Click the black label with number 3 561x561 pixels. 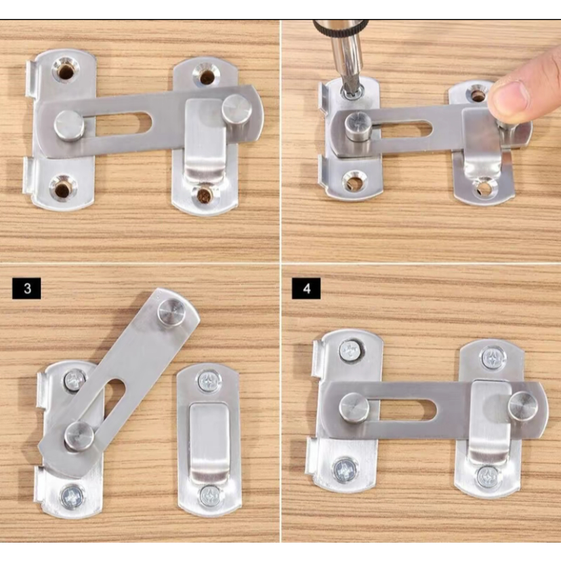click(27, 289)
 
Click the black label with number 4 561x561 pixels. click(306, 289)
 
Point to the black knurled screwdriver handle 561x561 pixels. click(341, 27)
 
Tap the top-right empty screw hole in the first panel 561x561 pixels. click(206, 76)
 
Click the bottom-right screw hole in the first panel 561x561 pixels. click(205, 194)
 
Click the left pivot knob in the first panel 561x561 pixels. click(69, 125)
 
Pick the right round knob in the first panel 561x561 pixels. click(236, 110)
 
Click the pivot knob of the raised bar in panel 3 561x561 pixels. click(79, 436)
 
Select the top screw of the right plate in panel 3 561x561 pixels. click(209, 381)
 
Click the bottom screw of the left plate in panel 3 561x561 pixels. click(72, 496)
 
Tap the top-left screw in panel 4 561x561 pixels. click(350, 351)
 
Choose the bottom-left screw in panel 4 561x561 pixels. click(345, 470)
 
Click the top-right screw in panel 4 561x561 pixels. click(493, 358)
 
